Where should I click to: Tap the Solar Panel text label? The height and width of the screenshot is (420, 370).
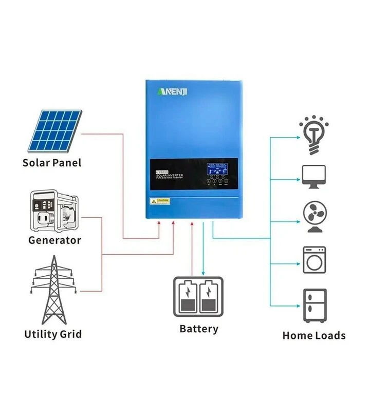coord(52,163)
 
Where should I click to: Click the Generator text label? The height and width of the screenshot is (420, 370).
coord(54,240)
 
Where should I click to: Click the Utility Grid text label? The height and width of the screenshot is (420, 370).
coord(53,335)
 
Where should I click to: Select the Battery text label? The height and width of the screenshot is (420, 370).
coord(199,329)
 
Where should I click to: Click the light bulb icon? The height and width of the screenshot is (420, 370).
coord(313,135)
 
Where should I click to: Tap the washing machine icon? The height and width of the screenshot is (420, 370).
coord(314,260)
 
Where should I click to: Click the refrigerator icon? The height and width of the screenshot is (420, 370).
coord(314,306)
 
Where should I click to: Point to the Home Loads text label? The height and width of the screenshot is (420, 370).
coord(313,336)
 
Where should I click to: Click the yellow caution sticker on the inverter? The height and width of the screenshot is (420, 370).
coord(159,200)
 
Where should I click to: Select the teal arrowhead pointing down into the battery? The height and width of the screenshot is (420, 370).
coord(203,274)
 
